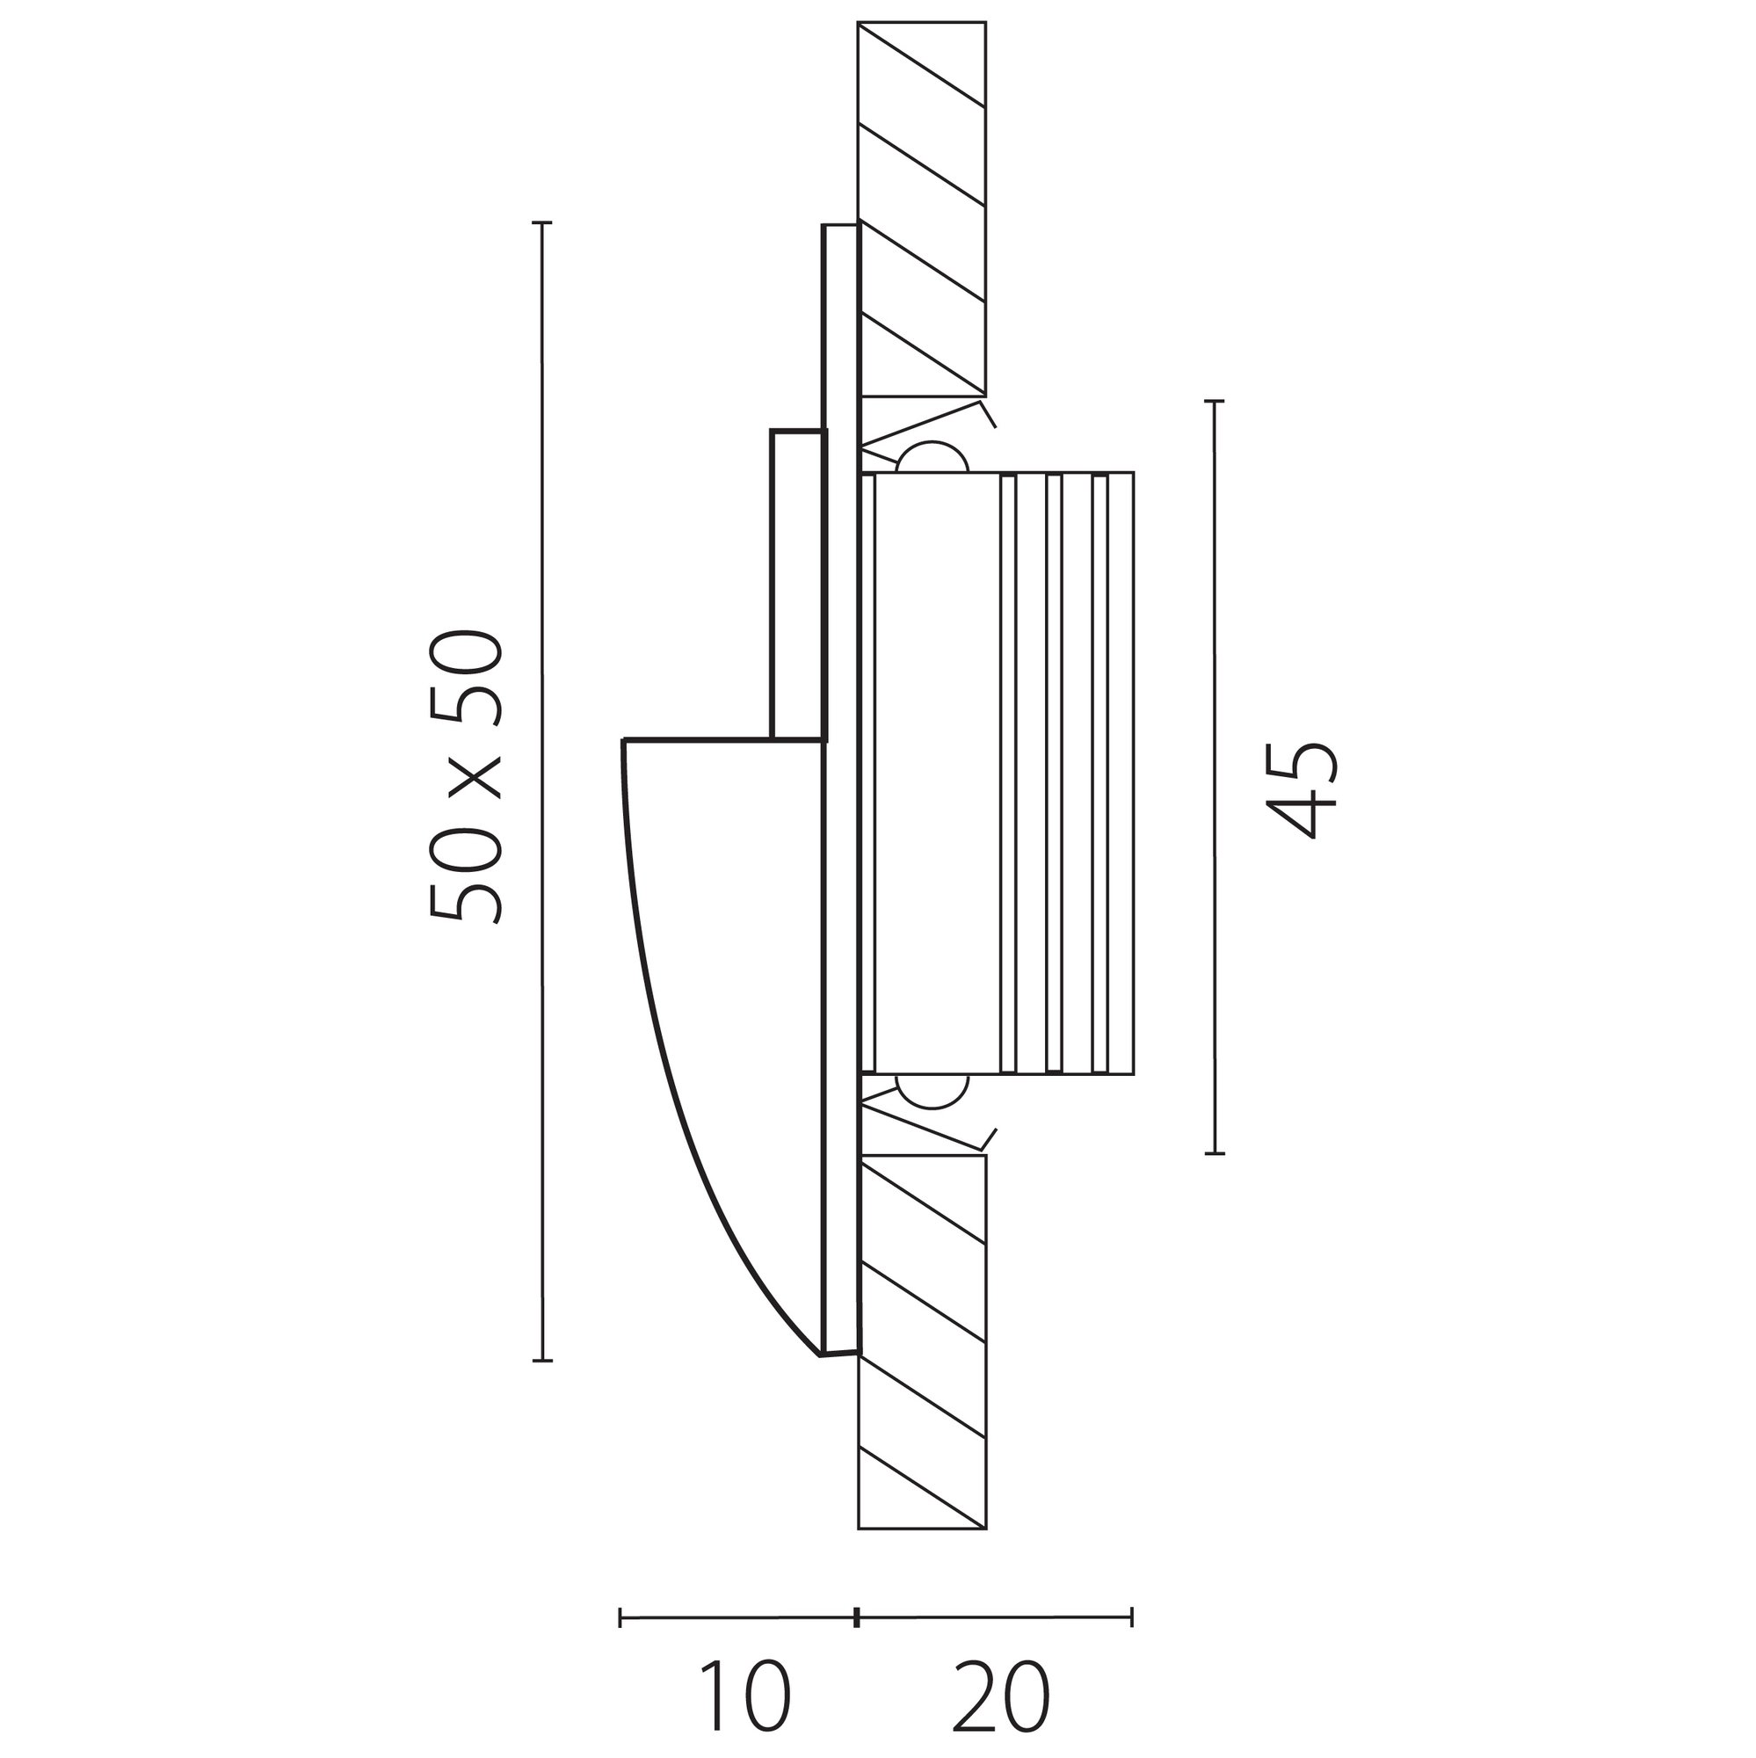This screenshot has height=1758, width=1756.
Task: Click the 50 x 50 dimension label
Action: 465,777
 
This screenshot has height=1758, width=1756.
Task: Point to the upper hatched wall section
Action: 922,209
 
